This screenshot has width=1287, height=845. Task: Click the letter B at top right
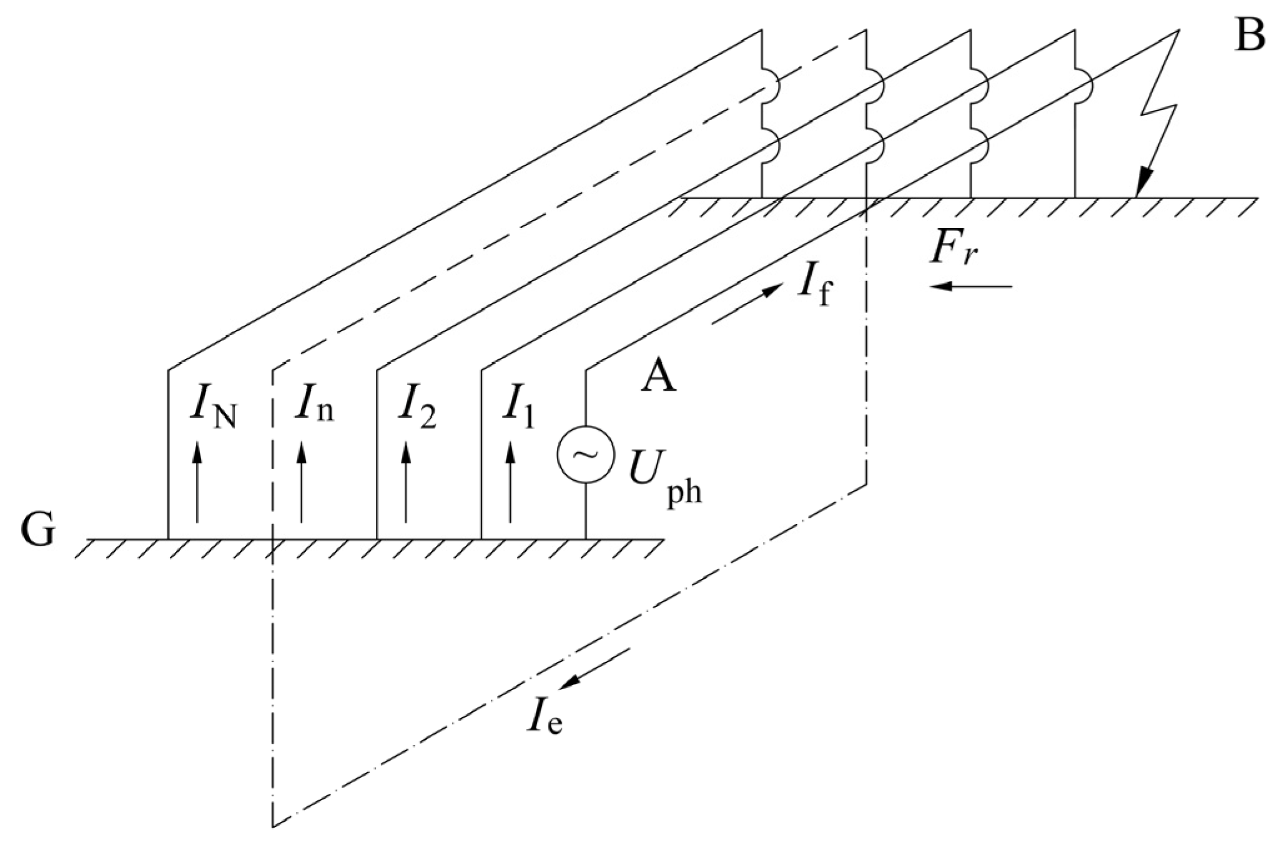(x=1250, y=36)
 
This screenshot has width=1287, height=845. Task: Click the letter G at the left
(x=38, y=531)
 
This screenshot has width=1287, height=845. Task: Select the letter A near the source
(x=659, y=377)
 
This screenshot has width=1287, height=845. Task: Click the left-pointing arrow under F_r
(x=969, y=286)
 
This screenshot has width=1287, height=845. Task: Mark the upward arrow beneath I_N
(x=197, y=481)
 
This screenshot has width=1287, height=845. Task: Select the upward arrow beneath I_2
(x=407, y=481)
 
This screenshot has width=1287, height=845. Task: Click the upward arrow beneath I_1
(x=511, y=481)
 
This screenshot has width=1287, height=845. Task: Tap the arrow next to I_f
(x=747, y=304)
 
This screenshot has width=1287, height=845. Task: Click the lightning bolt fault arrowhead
(x=1142, y=184)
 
